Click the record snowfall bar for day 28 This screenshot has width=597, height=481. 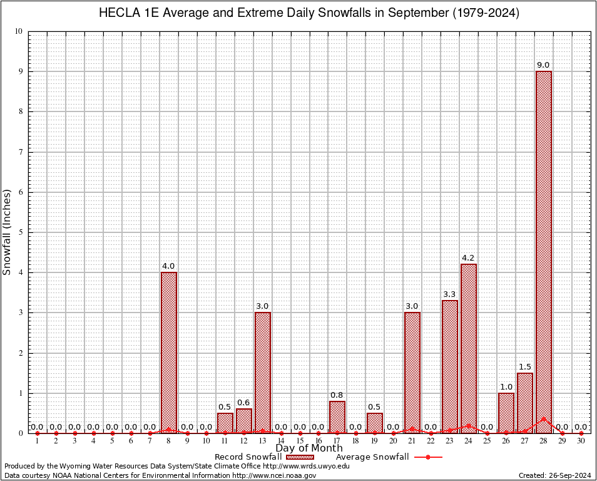pyautogui.click(x=544, y=251)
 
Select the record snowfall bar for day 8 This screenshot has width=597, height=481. pyautogui.click(x=169, y=351)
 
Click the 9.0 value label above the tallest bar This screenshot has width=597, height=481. pyautogui.click(x=543, y=65)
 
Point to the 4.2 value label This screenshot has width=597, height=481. pyautogui.click(x=468, y=258)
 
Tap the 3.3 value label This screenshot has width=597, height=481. pyautogui.click(x=449, y=294)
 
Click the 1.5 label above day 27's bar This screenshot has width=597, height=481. pyautogui.click(x=524, y=366)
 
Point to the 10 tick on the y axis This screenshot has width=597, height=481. pyautogui.click(x=19, y=31)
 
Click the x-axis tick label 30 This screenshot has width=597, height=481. pyautogui.click(x=581, y=442)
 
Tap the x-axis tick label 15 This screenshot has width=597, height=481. pyautogui.click(x=300, y=442)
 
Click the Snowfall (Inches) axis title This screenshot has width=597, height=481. pyautogui.click(x=8, y=232)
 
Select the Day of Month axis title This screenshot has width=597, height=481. pyautogui.click(x=309, y=448)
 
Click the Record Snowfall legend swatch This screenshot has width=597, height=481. pyautogui.click(x=300, y=457)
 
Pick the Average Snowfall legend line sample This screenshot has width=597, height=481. pyautogui.click(x=428, y=457)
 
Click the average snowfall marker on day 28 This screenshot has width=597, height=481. pyautogui.click(x=543, y=418)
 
